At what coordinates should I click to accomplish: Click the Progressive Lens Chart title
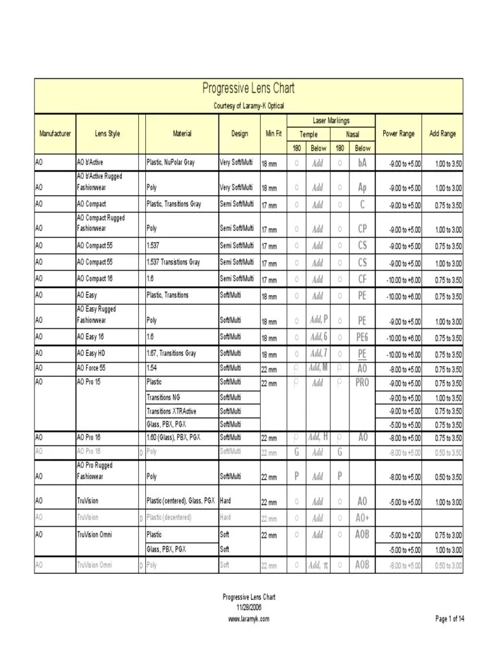click(249, 88)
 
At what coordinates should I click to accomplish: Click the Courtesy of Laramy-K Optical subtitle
click(249, 106)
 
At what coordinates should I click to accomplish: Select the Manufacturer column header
click(55, 134)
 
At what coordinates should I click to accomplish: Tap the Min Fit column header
click(274, 134)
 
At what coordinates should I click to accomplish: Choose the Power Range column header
click(399, 134)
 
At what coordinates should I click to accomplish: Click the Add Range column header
click(443, 134)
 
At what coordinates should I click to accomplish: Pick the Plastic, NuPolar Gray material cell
click(171, 162)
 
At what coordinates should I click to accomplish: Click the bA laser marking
click(362, 163)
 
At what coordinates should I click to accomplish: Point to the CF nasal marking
click(362, 279)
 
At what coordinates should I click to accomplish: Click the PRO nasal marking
click(362, 383)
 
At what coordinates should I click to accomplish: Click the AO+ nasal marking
click(362, 518)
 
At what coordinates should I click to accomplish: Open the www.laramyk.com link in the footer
click(249, 619)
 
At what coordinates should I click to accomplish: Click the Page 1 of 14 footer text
click(450, 619)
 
